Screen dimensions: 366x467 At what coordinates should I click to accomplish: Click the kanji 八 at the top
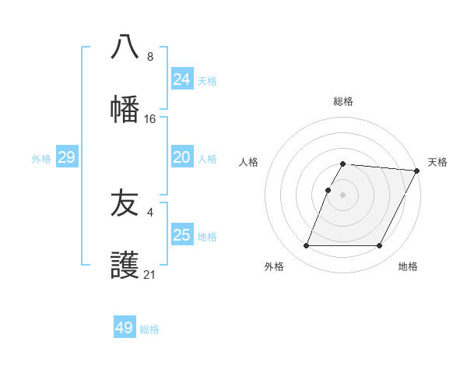[125, 47]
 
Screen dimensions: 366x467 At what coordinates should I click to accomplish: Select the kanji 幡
[125, 109]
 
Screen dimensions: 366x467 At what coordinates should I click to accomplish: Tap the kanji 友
[125, 203]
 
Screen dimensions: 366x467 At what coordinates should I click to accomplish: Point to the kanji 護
[125, 266]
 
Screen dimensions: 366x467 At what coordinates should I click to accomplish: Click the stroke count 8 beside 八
[149, 57]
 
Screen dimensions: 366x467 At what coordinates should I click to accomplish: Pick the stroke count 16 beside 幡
[149, 119]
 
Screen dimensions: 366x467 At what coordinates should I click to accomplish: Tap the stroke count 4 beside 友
[149, 212]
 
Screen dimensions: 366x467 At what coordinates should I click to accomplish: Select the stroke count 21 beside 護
[149, 275]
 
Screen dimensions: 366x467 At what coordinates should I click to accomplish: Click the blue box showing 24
[181, 79]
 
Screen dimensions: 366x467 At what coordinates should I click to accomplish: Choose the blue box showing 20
[181, 157]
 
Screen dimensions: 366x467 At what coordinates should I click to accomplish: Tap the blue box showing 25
[181, 235]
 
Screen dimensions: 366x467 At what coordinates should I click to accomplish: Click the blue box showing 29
[66, 157]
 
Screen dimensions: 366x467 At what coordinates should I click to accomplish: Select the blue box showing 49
[124, 328]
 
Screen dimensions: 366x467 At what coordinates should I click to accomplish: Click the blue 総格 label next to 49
[149, 329]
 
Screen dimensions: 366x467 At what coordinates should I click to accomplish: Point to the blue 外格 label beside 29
[41, 159]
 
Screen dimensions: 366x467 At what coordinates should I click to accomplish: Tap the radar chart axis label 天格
[437, 162]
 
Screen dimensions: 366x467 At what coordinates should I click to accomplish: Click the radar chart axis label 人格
[248, 162]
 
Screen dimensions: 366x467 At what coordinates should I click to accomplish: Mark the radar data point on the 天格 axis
[416, 171]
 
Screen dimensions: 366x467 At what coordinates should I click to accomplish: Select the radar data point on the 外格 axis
[306, 246]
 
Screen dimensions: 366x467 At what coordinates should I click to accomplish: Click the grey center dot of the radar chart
[342, 194]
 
